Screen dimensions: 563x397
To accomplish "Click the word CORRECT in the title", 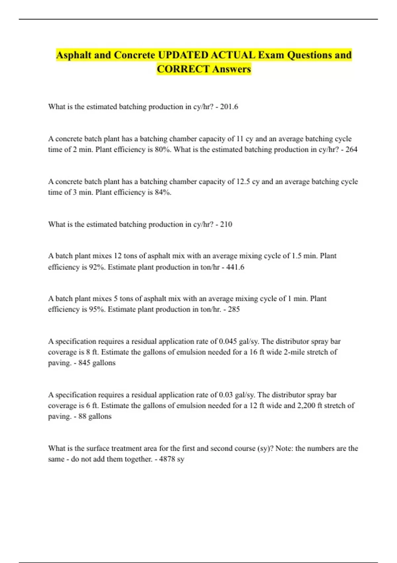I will [183, 69].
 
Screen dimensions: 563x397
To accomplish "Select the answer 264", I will [351, 150].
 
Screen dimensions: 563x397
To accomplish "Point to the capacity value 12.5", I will [243, 182].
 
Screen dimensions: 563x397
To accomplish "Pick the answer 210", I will [226, 225].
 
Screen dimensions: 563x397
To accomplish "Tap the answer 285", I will [234, 309].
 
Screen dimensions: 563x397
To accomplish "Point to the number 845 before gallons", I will [84, 363].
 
